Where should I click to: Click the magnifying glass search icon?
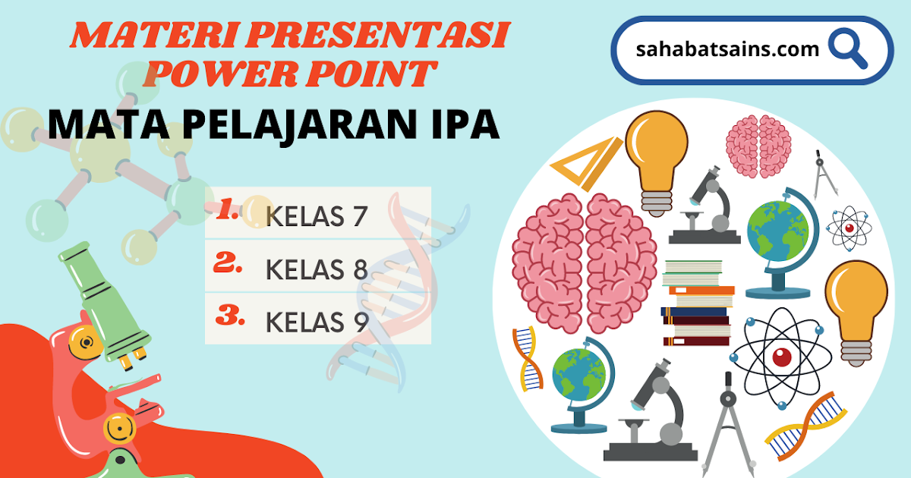click(847, 49)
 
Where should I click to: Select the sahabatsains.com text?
click(728, 50)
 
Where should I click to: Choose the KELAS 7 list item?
click(317, 216)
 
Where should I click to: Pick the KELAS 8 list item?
click(317, 269)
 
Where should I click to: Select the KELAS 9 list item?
click(317, 322)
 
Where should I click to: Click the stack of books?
click(697, 303)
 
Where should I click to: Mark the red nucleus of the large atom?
click(780, 355)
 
